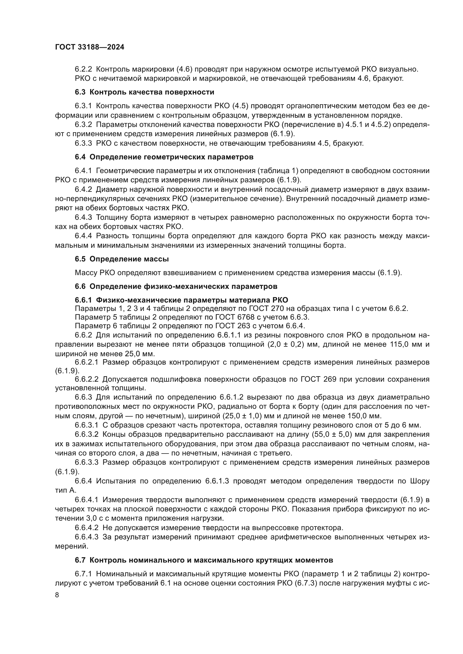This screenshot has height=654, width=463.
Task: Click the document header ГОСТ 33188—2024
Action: click(x=90, y=47)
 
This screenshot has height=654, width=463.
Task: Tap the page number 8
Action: click(x=57, y=595)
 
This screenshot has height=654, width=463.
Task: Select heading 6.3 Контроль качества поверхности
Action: click(x=144, y=92)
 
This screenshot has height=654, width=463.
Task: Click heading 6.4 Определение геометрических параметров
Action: click(x=164, y=157)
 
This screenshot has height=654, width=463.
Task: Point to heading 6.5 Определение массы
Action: click(x=122, y=259)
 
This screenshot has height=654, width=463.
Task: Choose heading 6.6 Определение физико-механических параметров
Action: click(x=176, y=286)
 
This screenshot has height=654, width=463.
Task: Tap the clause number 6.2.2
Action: click(x=83, y=69)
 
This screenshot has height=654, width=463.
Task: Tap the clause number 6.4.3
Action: click(x=83, y=217)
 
